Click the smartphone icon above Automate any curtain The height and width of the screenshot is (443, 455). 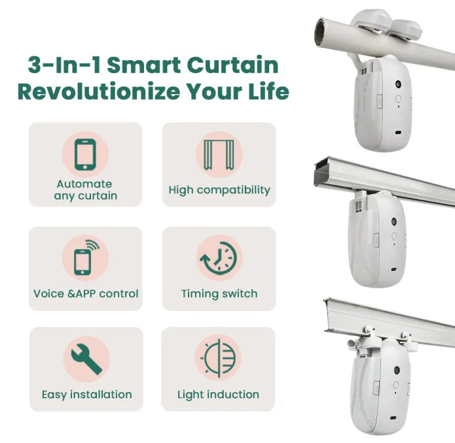pyautogui.click(x=85, y=155)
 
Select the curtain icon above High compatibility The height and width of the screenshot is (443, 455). pyautogui.click(x=219, y=155)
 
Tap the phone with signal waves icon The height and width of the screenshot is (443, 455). pyautogui.click(x=85, y=257)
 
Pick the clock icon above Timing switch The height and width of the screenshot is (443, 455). pyautogui.click(x=219, y=257)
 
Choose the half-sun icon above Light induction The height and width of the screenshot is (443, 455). pyautogui.click(x=218, y=357)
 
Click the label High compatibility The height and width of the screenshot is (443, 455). pyautogui.click(x=219, y=190)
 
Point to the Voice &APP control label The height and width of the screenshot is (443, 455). pyautogui.click(x=86, y=293)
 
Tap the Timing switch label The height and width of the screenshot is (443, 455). pyautogui.click(x=219, y=293)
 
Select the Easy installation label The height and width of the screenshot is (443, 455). pyautogui.click(x=86, y=395)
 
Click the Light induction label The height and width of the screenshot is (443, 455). pyautogui.click(x=218, y=395)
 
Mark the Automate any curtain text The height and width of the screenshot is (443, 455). pyautogui.click(x=84, y=190)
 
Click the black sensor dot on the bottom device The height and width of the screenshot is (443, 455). pyautogui.click(x=397, y=370)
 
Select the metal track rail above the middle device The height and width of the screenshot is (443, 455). pyautogui.click(x=386, y=180)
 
